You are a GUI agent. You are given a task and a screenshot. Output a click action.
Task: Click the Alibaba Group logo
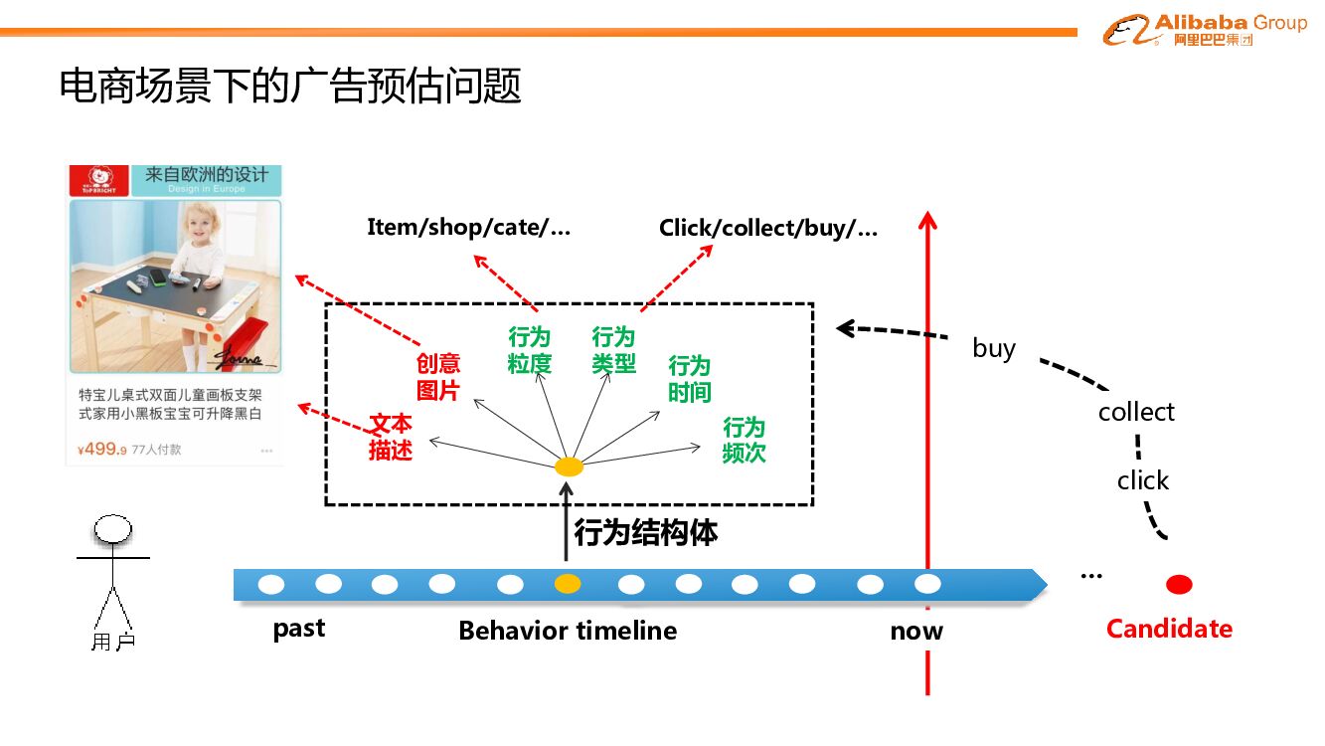(1205, 30)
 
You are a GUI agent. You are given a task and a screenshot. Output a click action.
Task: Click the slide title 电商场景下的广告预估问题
(290, 87)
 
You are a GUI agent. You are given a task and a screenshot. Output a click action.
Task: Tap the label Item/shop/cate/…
(469, 227)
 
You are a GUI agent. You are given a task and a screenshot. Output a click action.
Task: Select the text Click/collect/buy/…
(768, 228)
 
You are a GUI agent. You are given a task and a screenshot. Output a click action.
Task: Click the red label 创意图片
(437, 377)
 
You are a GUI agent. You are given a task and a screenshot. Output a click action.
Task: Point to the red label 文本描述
(390, 437)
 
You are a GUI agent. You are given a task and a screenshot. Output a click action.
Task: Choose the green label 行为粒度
(529, 351)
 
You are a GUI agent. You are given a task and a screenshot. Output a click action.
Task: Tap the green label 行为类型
(613, 351)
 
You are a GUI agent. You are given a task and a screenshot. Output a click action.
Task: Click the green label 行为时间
(689, 379)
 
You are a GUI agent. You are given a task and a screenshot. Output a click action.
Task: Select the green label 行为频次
(744, 441)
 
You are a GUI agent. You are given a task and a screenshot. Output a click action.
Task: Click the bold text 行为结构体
(645, 532)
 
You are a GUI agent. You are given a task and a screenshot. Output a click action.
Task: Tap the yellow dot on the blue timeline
(568, 584)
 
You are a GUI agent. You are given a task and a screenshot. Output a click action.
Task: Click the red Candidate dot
(1179, 584)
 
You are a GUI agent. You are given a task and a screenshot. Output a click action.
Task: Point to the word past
(299, 630)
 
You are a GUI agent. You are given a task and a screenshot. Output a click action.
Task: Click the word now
(916, 631)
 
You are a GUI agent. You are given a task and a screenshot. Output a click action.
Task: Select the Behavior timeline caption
(568, 631)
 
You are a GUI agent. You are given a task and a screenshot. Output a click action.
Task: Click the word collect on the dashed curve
(1136, 412)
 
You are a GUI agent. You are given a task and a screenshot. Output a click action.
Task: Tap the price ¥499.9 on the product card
(102, 449)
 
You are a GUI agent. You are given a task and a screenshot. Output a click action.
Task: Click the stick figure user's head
(112, 530)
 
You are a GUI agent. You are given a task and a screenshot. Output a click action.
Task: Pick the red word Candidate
(1169, 629)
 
